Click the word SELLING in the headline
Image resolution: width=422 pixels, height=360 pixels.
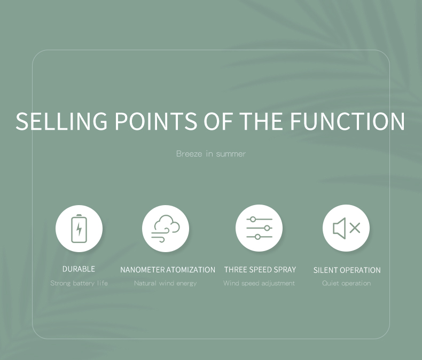61,121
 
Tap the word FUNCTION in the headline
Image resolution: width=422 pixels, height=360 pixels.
347,121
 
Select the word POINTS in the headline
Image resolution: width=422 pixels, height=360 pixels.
156,121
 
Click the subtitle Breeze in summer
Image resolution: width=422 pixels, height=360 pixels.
210,154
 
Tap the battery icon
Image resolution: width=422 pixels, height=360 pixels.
79,229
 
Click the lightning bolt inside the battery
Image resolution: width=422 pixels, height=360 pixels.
79,229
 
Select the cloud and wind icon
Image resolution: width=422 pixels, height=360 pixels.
166,229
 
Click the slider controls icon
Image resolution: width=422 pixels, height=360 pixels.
259,228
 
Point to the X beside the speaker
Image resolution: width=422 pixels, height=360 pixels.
355,228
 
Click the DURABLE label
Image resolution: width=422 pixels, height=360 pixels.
79,269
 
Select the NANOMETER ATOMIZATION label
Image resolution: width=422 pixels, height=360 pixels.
168,270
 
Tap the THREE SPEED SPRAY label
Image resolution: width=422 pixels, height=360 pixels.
260,270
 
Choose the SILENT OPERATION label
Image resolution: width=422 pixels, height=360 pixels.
347,270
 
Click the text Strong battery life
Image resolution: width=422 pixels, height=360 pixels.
79,283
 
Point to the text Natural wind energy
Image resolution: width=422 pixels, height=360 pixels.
165,283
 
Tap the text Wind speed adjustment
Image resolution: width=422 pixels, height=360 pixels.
259,283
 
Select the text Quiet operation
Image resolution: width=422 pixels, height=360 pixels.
346,283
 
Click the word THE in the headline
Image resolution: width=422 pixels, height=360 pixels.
261,121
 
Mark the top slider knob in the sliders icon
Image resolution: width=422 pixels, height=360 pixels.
253,220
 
